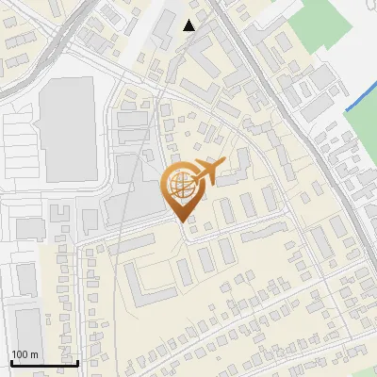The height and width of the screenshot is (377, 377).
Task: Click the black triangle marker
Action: pyautogui.click(x=189, y=25)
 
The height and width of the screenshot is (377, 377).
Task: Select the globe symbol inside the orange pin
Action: pyautogui.click(x=180, y=185)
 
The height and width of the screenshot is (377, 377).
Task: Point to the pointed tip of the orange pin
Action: pyautogui.click(x=183, y=221)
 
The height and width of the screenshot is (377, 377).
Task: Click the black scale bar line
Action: pyautogui.click(x=43, y=362)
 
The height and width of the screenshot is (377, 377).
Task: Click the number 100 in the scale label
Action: pyautogui.click(x=20, y=354)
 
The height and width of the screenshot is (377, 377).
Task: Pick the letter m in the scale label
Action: pyautogui.click(x=34, y=354)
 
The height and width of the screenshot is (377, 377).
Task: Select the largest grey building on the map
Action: pyautogui.click(x=67, y=130)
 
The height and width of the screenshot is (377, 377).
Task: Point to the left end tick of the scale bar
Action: pyautogui.click(x=10, y=361)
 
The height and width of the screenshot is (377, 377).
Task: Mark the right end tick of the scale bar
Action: pyautogui.click(x=76, y=361)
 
